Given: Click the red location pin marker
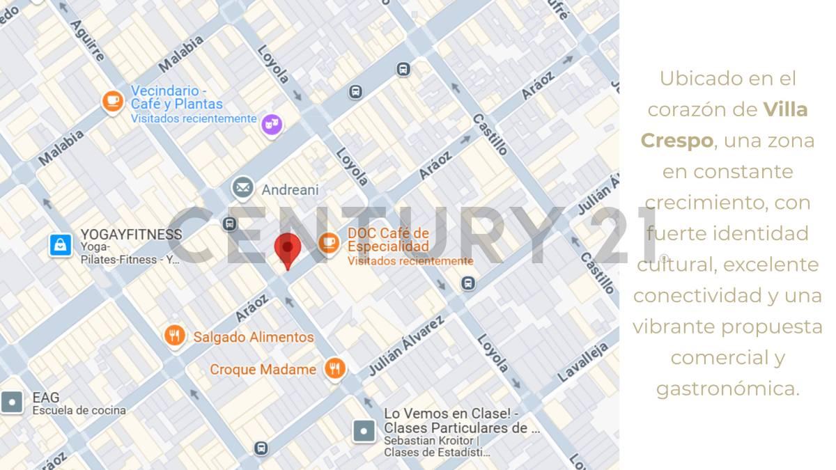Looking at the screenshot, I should click(x=286, y=249).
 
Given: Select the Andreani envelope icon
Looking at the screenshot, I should click(x=242, y=187).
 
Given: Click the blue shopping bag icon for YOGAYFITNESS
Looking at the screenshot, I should click(x=61, y=244).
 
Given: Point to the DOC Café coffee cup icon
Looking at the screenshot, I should click(x=329, y=242).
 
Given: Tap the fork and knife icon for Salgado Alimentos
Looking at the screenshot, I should click(x=175, y=336).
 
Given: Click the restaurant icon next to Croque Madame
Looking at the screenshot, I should click(x=335, y=368).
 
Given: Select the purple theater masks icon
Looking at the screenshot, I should click(x=271, y=125).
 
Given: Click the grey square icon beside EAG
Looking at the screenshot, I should click(x=13, y=402).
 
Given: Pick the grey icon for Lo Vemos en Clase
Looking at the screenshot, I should click(x=364, y=431).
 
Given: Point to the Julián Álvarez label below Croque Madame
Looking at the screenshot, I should click(x=405, y=346).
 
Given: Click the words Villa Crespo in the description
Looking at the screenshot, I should click(x=725, y=125).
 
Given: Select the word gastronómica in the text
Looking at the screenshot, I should click(x=727, y=388).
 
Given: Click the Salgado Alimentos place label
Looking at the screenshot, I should click(x=254, y=337).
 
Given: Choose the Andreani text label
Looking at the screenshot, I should click(x=290, y=189).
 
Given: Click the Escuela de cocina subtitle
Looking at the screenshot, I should click(x=79, y=410).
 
